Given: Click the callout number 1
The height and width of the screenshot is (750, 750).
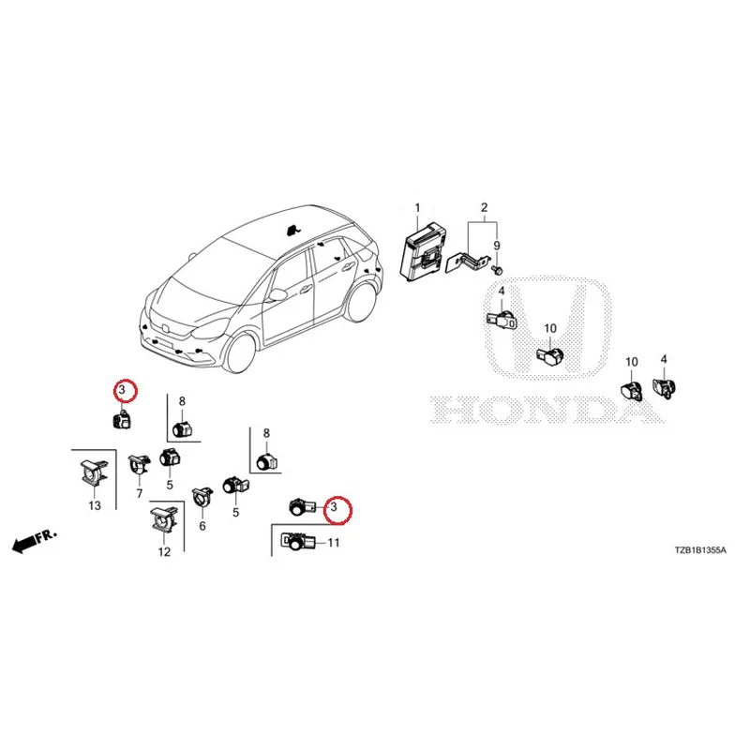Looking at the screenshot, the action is click(x=417, y=208).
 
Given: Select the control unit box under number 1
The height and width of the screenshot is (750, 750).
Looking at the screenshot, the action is click(x=425, y=251).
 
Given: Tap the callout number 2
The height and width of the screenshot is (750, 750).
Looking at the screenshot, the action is click(x=484, y=207).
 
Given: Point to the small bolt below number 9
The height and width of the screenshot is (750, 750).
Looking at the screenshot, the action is click(x=498, y=270).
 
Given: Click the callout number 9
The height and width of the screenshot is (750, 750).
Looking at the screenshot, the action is click(x=497, y=246).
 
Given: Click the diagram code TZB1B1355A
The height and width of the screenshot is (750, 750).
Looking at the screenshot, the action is click(x=700, y=550).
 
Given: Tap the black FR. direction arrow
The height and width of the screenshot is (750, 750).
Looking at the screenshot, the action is click(x=35, y=541).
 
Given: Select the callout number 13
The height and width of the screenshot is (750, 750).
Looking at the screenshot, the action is click(x=95, y=505).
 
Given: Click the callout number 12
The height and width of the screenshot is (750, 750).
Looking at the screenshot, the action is click(x=164, y=552).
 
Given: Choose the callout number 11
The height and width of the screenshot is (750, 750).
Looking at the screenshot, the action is click(x=334, y=543).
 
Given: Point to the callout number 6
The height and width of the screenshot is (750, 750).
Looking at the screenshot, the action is click(x=202, y=526).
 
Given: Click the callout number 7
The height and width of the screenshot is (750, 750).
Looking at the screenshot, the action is click(x=139, y=493).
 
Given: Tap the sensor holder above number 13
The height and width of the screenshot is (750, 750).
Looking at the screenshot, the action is click(x=93, y=472).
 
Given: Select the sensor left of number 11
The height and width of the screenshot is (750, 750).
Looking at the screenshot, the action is click(x=297, y=543).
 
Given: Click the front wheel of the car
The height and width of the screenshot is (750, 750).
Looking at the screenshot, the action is click(x=241, y=352).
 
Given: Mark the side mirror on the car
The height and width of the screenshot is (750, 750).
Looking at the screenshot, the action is click(x=277, y=295).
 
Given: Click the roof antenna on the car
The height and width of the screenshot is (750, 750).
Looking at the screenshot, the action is click(x=292, y=231).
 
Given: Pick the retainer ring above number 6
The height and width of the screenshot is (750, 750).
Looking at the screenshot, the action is click(x=202, y=498).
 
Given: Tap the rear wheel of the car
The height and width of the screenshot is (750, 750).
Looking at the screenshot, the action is click(x=361, y=302).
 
